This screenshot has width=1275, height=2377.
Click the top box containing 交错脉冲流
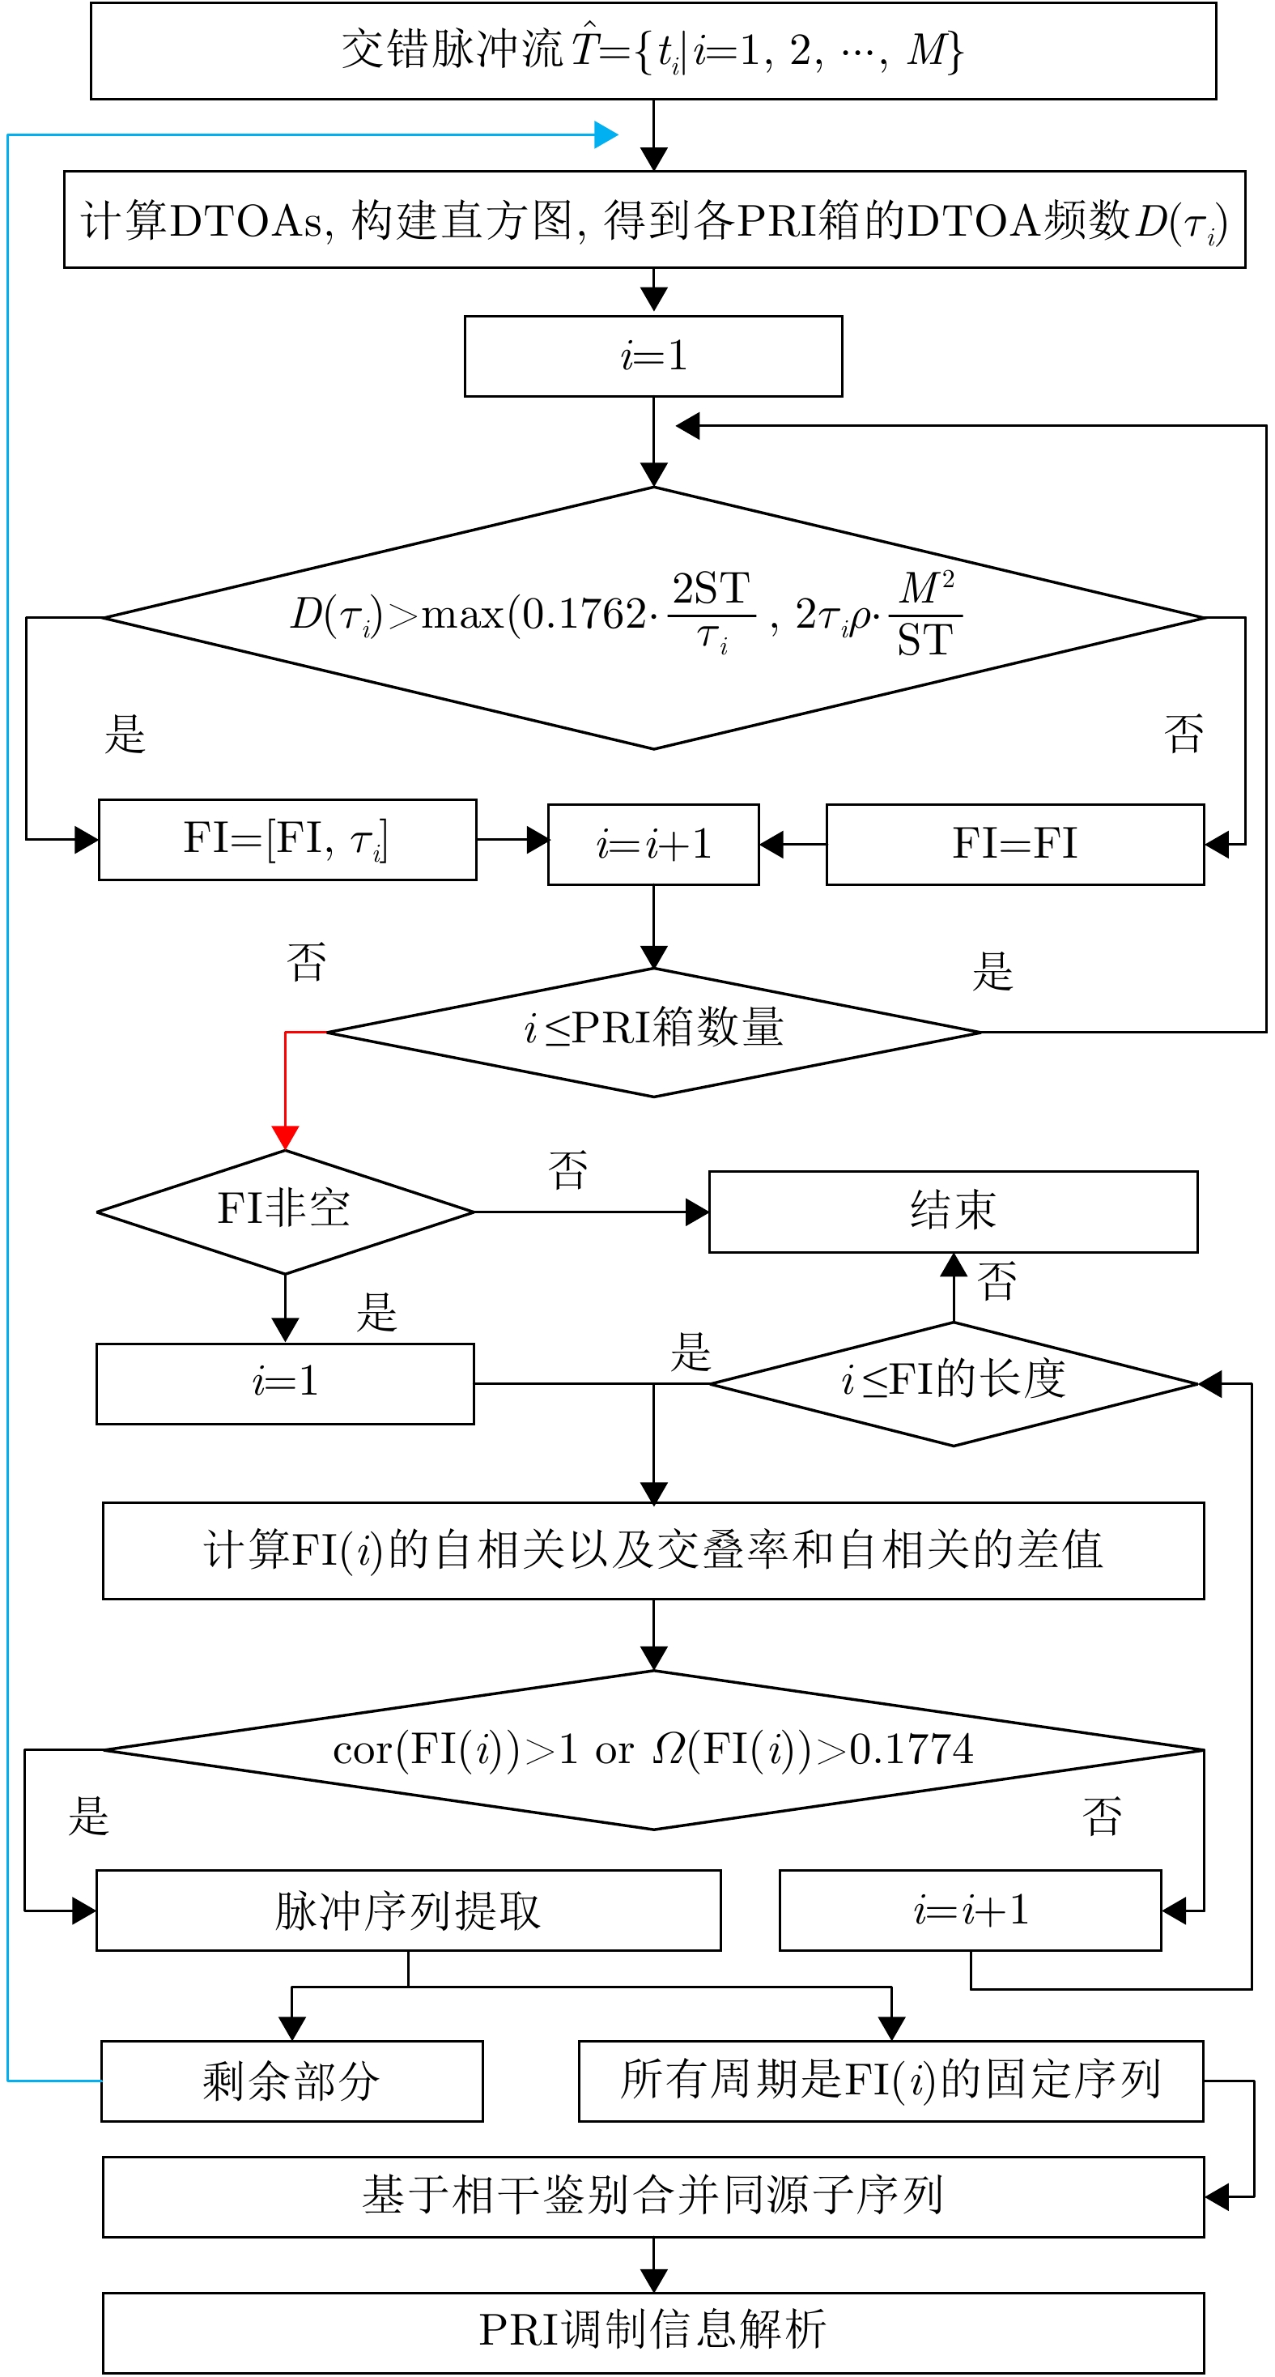[x=652, y=51]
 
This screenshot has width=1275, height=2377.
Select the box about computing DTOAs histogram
[x=653, y=219]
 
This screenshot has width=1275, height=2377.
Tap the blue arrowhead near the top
[x=606, y=134]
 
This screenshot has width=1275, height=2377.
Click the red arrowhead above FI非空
[x=285, y=1137]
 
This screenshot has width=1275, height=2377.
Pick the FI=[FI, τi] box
[x=287, y=840]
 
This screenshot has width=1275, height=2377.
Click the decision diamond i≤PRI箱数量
[x=653, y=1032]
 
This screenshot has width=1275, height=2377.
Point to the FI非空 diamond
[x=285, y=1211]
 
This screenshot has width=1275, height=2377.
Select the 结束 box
[x=953, y=1211]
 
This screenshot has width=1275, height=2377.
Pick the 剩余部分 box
[x=291, y=2081]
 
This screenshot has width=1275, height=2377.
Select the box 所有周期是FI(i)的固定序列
[x=890, y=2081]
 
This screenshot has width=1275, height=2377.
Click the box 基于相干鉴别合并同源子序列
[x=653, y=2196]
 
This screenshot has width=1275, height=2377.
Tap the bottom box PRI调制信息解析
[x=653, y=2331]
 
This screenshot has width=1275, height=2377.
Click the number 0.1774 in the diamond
[x=912, y=1749]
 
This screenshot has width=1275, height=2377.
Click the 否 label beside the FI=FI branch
[x=1184, y=735]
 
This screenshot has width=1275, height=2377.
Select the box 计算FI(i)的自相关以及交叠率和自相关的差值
[x=653, y=1550]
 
